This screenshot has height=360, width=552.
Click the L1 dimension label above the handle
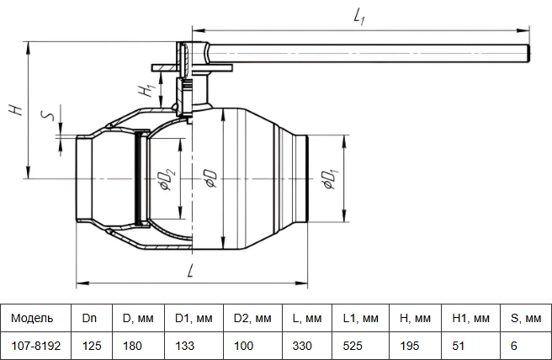click(359, 17)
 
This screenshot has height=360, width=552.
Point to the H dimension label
click(16, 110)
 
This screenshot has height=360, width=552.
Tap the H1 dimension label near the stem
click(146, 91)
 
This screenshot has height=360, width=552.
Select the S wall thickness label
click(48, 115)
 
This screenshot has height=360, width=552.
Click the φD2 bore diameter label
click(168, 179)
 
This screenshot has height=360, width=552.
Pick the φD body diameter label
click(211, 178)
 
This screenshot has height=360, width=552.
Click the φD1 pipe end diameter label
click(331, 179)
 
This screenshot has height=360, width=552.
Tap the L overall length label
click(190, 271)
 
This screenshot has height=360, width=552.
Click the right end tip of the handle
click(528, 54)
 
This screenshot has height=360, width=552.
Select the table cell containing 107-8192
click(36, 346)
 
